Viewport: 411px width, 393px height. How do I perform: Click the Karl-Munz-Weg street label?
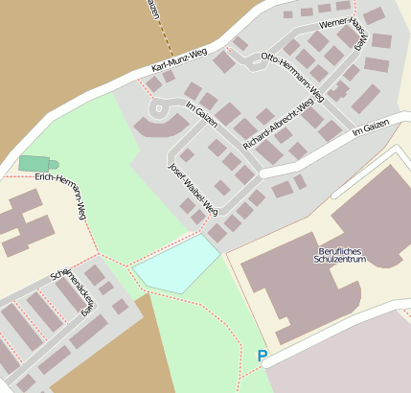[x=179, y=61]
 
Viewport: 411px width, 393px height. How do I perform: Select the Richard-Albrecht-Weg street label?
[x=278, y=124]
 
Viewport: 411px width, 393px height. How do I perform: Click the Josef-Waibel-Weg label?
[x=194, y=187]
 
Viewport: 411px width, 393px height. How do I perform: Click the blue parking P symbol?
[x=263, y=356]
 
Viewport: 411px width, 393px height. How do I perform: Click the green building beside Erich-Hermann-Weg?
[x=36, y=164]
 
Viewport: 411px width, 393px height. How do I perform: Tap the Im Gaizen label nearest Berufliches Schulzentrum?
[x=370, y=127]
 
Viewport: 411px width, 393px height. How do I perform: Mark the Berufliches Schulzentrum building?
[x=316, y=288]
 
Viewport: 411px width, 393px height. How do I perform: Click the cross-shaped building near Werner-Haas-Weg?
[x=338, y=91]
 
